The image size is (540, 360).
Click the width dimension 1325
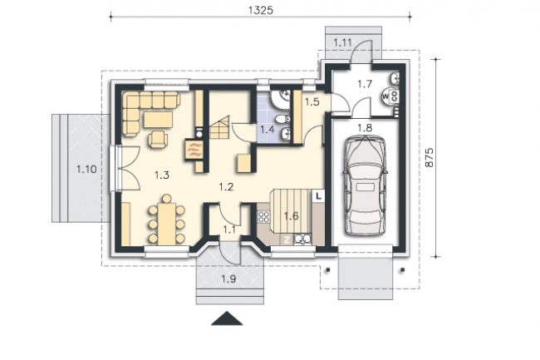[x=260, y=10]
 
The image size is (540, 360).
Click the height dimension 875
[x=430, y=157]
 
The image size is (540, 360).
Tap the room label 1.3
[x=162, y=175]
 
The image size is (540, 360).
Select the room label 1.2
[x=226, y=187]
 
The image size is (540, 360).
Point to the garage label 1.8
[x=365, y=128]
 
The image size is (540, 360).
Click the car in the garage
[x=365, y=185]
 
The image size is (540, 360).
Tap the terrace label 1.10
[x=86, y=170]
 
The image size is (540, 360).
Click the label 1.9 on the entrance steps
[x=228, y=279]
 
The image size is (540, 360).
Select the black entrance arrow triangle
[x=227, y=318]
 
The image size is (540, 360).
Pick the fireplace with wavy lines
[x=194, y=150]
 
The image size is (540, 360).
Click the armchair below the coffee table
[x=158, y=139]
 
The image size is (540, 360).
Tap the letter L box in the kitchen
[x=318, y=196]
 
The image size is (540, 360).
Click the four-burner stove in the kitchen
[x=264, y=217]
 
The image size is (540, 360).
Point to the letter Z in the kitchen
[x=287, y=239]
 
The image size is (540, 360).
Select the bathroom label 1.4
[x=268, y=130]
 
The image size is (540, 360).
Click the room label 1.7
[x=365, y=84]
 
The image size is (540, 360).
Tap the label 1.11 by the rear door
[x=342, y=43]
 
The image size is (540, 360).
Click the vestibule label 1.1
[x=229, y=229]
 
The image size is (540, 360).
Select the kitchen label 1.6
[x=291, y=216]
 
